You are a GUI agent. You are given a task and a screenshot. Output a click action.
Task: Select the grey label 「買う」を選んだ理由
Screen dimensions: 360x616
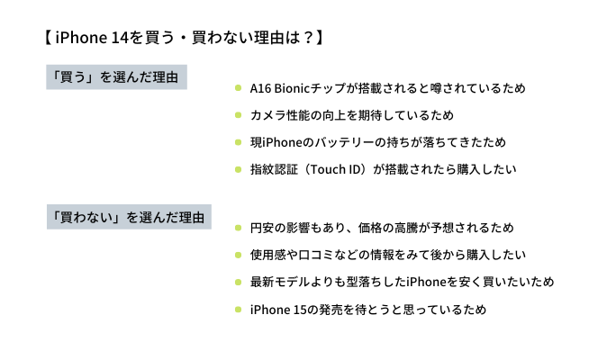point(117,77)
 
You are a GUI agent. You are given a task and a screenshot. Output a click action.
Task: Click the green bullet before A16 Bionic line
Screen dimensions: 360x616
point(238,88)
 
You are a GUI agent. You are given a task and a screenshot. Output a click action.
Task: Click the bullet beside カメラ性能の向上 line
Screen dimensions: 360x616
point(238,115)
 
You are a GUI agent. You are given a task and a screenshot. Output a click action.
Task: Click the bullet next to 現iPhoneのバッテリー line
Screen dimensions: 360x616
point(238,142)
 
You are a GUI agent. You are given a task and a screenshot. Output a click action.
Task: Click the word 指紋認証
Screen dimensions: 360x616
point(275,169)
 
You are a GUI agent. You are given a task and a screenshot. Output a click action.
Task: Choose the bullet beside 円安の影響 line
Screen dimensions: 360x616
point(238,228)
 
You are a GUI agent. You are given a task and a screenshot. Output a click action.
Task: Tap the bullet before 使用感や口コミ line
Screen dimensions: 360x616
point(238,255)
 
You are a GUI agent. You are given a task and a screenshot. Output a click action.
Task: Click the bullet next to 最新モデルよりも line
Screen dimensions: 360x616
point(238,282)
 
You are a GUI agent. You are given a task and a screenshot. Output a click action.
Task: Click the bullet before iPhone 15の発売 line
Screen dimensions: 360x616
point(238,309)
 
